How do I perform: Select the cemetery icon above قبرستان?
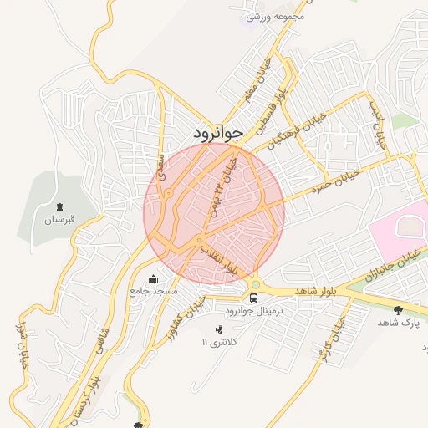(59, 206)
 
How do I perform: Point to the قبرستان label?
(59, 220)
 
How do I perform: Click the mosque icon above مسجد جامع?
(152, 279)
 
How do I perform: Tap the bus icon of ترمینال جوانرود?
(253, 298)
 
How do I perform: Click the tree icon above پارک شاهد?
(397, 310)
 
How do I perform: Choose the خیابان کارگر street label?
(333, 338)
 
